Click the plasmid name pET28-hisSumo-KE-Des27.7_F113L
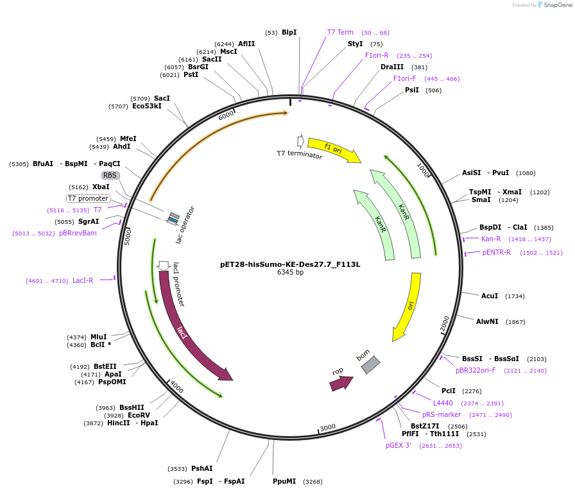pos(290,264)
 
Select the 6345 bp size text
pos(290,272)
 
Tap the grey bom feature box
pos(370,365)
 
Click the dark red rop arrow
pos(341,383)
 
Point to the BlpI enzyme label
pos(289,32)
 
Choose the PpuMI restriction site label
pos(284,481)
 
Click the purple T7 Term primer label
pos(340,32)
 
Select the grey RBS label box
pos(110,175)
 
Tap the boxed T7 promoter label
pos(89,198)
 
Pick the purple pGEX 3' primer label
pos(398,445)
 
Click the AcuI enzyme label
pos(490,296)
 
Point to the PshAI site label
pos(202,468)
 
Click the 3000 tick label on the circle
pos(328,427)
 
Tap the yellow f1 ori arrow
pos(334,149)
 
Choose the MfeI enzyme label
pos(128,139)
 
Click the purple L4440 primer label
pos(443,403)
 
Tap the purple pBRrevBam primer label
pos(78,233)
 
